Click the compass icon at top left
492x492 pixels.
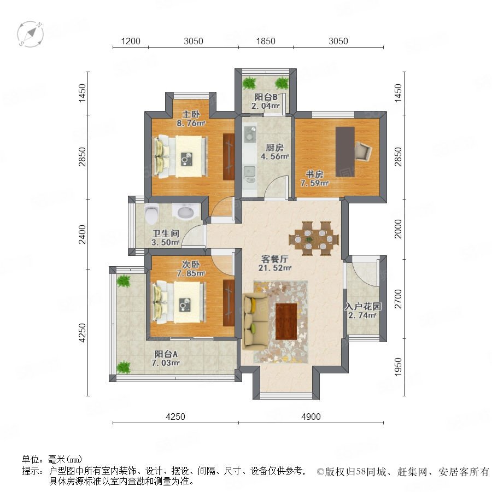[31, 34]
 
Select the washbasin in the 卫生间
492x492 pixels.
[186, 212]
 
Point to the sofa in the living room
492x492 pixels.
[255, 321]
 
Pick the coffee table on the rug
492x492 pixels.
[286, 321]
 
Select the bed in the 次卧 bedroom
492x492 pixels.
[179, 302]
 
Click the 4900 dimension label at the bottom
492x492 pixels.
[311, 417]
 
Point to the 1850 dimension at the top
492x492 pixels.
[266, 41]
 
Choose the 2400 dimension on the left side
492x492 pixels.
[82, 234]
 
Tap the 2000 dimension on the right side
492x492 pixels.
[398, 229]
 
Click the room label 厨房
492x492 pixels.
[274, 148]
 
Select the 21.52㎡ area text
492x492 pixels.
[275, 268]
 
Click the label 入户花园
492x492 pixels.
[363, 306]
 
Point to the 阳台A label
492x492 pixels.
[166, 354]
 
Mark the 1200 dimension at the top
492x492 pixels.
[131, 41]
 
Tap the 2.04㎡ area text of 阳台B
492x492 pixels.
[266, 106]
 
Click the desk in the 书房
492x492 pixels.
[345, 152]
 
